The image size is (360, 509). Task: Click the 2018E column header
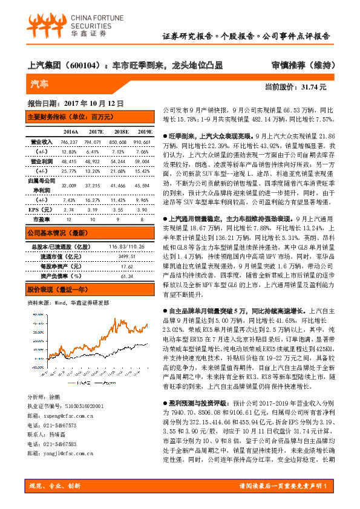point(120,131)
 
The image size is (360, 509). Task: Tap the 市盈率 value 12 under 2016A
point(68,219)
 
